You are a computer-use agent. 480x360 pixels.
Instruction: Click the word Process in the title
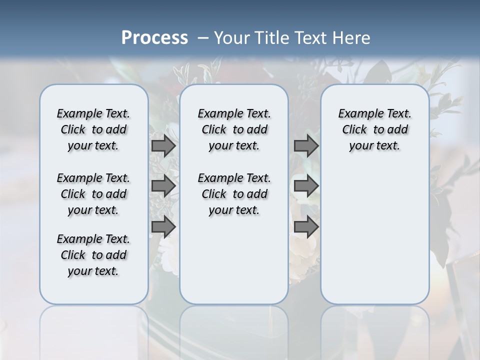[154, 38]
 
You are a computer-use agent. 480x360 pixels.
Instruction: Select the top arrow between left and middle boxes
[163, 146]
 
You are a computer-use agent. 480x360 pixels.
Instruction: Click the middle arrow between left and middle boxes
[163, 186]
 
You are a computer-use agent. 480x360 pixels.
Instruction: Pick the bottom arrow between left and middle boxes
[163, 226]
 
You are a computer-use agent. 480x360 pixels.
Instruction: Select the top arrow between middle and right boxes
[306, 146]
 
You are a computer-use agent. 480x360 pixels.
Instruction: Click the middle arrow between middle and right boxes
[306, 186]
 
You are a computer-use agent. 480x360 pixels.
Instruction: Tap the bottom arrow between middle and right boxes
[306, 226]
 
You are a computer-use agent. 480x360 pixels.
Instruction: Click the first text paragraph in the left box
[93, 129]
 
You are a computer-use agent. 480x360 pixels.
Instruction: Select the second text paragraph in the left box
[93, 194]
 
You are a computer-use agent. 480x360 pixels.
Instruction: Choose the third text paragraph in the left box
[93, 255]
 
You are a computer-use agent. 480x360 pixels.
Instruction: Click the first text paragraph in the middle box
[234, 129]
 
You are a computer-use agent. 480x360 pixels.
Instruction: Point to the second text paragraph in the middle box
[234, 194]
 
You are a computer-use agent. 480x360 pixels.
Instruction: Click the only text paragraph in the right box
[375, 129]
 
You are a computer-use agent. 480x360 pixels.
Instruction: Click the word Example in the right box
[357, 113]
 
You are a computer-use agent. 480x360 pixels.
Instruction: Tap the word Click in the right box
[354, 129]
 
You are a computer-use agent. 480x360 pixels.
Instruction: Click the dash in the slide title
[203, 38]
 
